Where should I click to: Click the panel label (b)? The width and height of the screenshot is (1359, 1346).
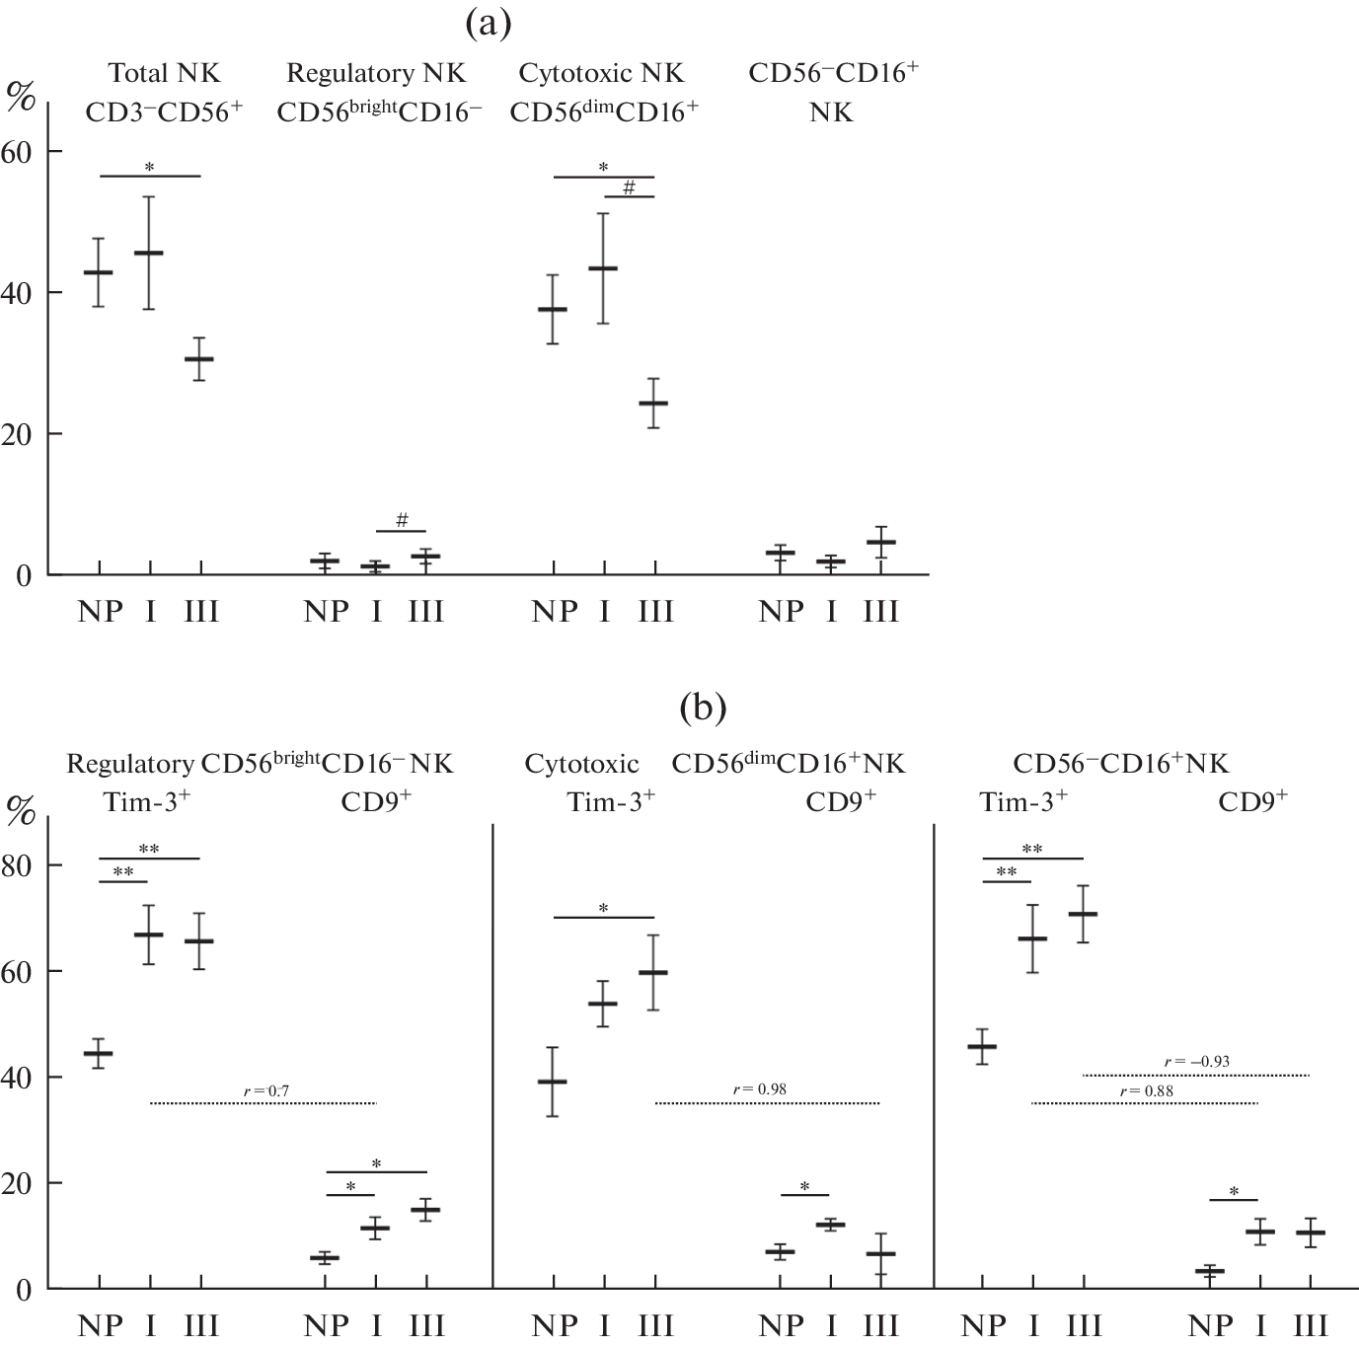pyautogui.click(x=703, y=707)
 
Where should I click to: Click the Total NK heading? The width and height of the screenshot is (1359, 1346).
pyautogui.click(x=164, y=73)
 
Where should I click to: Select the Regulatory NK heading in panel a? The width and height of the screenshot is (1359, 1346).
pyautogui.click(x=376, y=73)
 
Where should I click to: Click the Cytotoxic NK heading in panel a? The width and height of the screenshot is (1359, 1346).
pyautogui.click(x=601, y=73)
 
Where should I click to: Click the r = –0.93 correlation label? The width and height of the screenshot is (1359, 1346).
pyautogui.click(x=1196, y=1062)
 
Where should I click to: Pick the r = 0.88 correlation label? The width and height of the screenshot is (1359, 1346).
pyautogui.click(x=1147, y=1090)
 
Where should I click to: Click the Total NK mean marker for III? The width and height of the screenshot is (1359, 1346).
pyautogui.click(x=199, y=359)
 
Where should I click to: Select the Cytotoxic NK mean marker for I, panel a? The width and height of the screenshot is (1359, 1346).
pyautogui.click(x=603, y=268)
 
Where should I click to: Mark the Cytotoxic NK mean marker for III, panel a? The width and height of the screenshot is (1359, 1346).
pyautogui.click(x=653, y=404)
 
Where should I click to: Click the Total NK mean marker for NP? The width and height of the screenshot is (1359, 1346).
pyautogui.click(x=98, y=272)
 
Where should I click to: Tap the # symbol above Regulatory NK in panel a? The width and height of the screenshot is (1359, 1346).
pyautogui.click(x=402, y=520)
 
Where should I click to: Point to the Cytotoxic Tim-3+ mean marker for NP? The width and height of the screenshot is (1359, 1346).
pyautogui.click(x=553, y=1082)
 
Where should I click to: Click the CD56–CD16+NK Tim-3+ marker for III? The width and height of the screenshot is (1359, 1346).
pyautogui.click(x=1084, y=914)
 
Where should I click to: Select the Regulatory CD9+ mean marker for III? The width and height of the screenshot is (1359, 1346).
pyautogui.click(x=426, y=1209)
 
